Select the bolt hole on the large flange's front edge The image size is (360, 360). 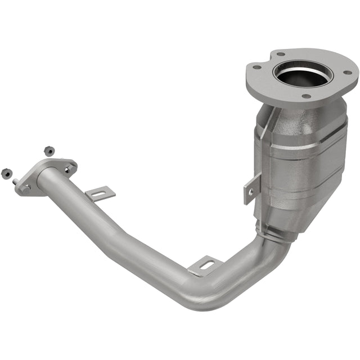click(x=306, y=96)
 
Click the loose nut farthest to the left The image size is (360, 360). click(x=7, y=173)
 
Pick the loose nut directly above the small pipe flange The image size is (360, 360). click(x=49, y=151)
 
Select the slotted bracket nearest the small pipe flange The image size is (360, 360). click(x=100, y=194)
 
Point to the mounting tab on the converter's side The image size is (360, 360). click(x=251, y=187)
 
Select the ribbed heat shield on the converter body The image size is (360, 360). click(x=307, y=163)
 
